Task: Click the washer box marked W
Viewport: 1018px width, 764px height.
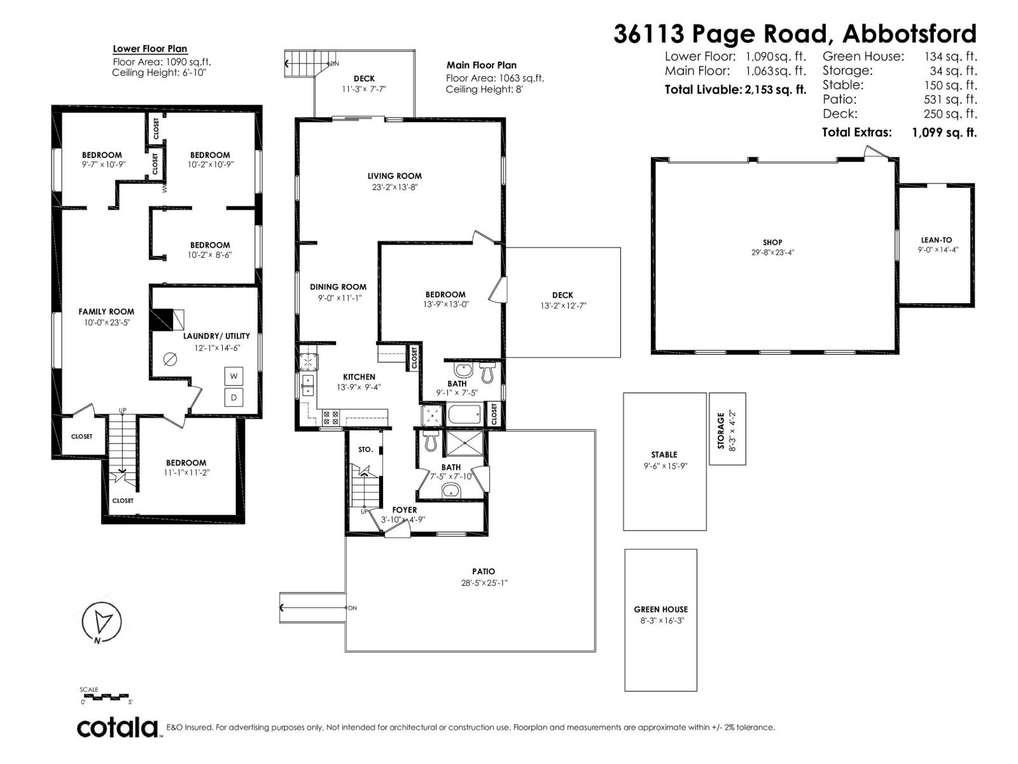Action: (x=234, y=376)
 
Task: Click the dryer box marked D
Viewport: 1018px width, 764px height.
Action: (x=234, y=398)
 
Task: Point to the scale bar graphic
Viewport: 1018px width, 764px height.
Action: (x=106, y=697)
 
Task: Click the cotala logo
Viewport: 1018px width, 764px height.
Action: (x=118, y=727)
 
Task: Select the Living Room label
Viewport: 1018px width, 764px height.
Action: (x=394, y=176)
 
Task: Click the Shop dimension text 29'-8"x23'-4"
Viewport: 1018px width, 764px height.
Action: (x=772, y=252)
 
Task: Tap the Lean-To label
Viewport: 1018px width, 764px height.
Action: (x=937, y=240)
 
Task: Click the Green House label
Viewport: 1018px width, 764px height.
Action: (x=660, y=609)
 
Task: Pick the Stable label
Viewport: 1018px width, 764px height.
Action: (x=664, y=455)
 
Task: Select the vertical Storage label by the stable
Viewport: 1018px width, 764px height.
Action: (x=721, y=431)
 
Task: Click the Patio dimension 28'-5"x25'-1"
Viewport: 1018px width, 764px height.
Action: (x=484, y=583)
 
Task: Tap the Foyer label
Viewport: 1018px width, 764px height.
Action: (x=405, y=510)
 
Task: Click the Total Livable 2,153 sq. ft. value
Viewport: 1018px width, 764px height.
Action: (x=774, y=90)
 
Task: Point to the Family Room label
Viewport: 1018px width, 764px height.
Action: (x=106, y=311)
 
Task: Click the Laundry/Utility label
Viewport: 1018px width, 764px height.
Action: (x=216, y=336)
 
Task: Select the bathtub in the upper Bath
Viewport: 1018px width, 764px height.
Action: (x=465, y=414)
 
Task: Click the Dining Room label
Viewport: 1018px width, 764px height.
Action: (x=338, y=286)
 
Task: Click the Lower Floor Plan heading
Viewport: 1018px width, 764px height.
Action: (x=150, y=49)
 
